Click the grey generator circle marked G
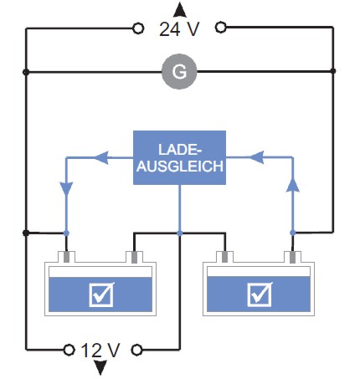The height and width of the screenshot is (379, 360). [179, 72]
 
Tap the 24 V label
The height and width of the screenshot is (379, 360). [179, 29]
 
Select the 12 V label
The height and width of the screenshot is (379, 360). [100, 351]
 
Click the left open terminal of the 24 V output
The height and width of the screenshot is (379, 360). [138, 28]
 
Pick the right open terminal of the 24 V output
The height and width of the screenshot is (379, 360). [221, 28]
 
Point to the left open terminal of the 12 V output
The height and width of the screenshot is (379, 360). [69, 350]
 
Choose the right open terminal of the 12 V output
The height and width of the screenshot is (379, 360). [136, 350]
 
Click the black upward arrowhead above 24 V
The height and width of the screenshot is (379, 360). [180, 10]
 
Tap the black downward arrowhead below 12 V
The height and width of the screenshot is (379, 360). [100, 367]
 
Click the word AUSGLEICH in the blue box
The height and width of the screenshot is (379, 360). [180, 166]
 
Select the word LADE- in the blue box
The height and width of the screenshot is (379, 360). [180, 150]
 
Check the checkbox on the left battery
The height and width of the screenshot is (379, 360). [101, 294]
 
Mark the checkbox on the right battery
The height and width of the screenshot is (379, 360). [260, 294]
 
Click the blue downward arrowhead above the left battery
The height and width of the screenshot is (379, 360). [66, 189]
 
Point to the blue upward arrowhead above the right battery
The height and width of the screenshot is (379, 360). [292, 185]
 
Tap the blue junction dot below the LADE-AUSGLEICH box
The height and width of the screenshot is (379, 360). [180, 233]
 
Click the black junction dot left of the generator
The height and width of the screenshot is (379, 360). [26, 72]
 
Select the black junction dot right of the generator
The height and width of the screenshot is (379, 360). [332, 71]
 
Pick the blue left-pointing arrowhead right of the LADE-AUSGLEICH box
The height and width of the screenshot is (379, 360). [257, 157]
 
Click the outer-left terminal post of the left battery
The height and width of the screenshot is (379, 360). [66, 257]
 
